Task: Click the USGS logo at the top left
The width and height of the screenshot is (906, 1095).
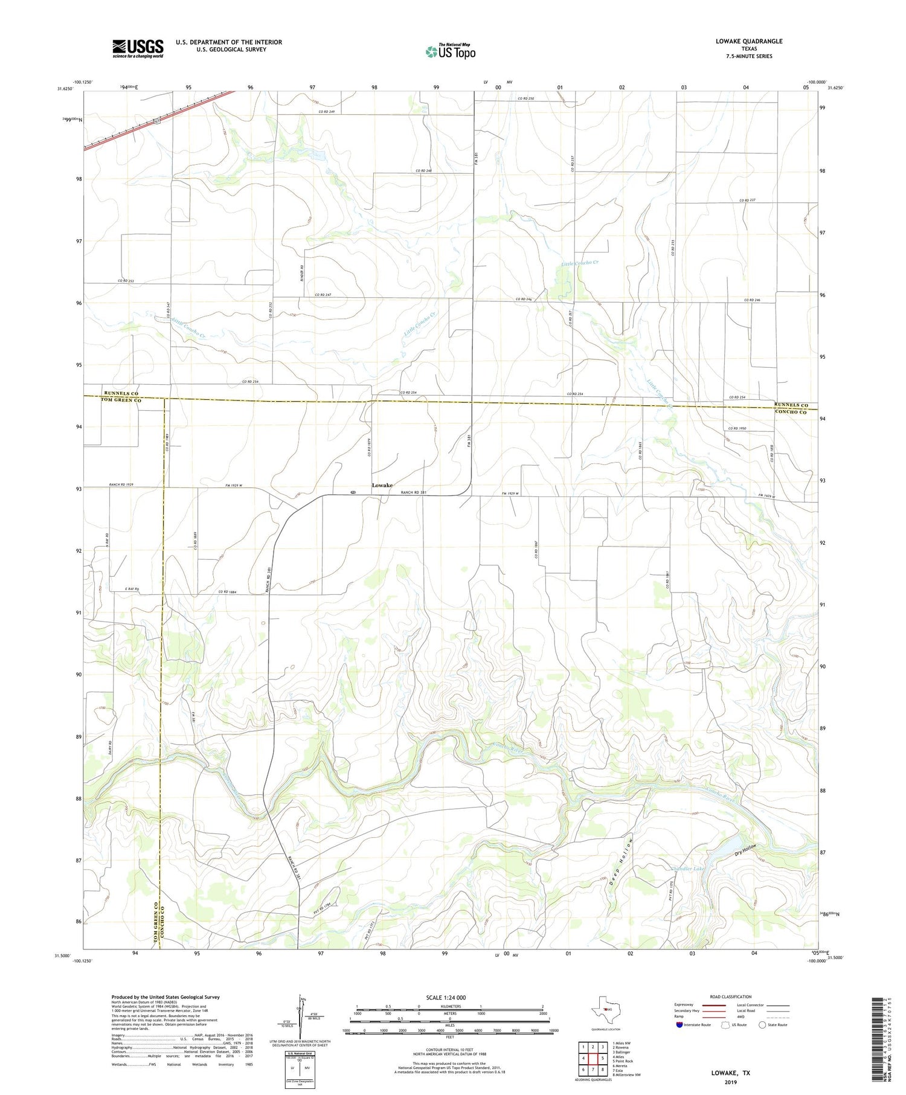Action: (x=138, y=48)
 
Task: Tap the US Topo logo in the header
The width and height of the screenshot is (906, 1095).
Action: (x=450, y=52)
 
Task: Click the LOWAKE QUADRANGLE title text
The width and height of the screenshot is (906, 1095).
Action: (x=748, y=41)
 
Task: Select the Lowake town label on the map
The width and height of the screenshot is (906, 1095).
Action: (x=382, y=485)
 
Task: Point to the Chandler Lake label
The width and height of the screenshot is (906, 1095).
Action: (x=688, y=869)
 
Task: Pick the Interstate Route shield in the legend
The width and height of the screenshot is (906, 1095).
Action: (x=679, y=1024)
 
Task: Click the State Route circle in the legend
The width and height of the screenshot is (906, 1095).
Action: (x=762, y=1024)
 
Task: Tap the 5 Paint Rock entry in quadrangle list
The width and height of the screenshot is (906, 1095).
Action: (x=622, y=1061)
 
